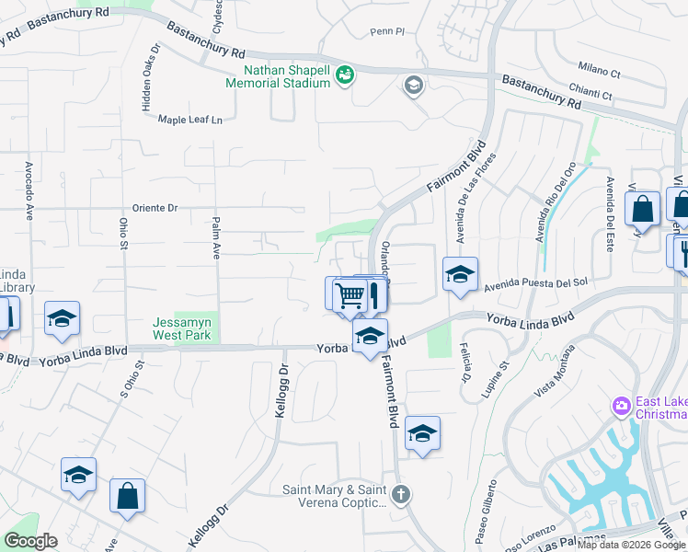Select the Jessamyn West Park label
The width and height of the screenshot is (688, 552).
182,328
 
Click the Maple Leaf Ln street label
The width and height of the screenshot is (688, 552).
190,120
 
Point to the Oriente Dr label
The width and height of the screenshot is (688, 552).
155,208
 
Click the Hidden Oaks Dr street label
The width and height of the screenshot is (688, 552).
146,78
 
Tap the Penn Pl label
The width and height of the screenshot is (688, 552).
387,31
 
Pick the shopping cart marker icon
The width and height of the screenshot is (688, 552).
350,296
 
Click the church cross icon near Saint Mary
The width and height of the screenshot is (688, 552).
400,494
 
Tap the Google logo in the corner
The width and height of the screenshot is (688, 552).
30,541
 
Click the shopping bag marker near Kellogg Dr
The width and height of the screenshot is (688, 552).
127,495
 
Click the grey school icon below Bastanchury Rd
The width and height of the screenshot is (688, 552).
413,86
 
